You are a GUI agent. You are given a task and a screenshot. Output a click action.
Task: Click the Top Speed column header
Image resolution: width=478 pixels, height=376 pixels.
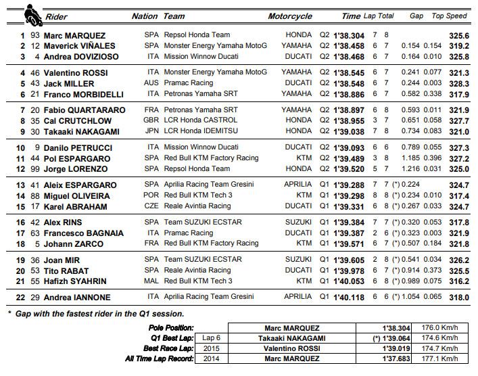pyautogui.click(x=450, y=15)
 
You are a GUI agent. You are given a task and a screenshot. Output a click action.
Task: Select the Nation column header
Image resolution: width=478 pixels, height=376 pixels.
pyautogui.click(x=145, y=15)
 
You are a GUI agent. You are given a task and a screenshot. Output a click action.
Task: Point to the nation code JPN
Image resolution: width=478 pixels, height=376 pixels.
pyautogui.click(x=152, y=131)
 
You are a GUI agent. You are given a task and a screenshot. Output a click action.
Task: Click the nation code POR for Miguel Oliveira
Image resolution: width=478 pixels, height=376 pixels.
pyautogui.click(x=152, y=195)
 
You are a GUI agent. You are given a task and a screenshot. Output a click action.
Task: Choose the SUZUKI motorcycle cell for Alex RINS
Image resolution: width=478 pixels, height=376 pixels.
pyautogui.click(x=298, y=222)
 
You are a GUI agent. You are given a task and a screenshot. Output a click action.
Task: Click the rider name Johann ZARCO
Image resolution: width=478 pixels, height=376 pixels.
pyautogui.click(x=68, y=243)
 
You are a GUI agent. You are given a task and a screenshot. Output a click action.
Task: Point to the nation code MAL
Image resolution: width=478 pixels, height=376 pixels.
pyautogui.click(x=152, y=281)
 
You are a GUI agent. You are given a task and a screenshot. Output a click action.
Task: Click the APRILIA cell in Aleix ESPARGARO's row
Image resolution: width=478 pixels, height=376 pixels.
pyautogui.click(x=297, y=185)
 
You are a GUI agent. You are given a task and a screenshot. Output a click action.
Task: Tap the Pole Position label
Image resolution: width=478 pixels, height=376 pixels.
pyautogui.click(x=174, y=327)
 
